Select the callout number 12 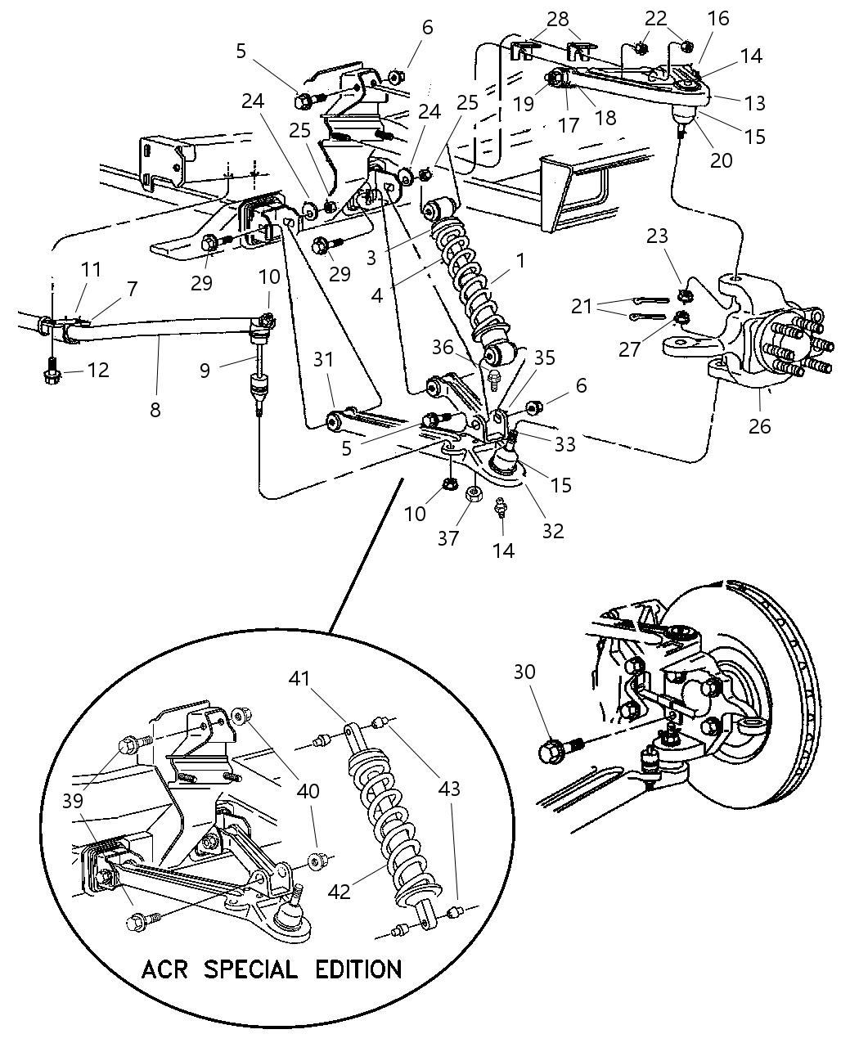point(98,371)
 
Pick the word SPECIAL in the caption point(250,969)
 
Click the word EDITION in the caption point(358,969)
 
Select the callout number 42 point(339,890)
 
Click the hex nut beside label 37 point(473,494)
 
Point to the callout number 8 point(155,409)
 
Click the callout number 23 point(657,236)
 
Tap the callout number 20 point(721,160)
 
